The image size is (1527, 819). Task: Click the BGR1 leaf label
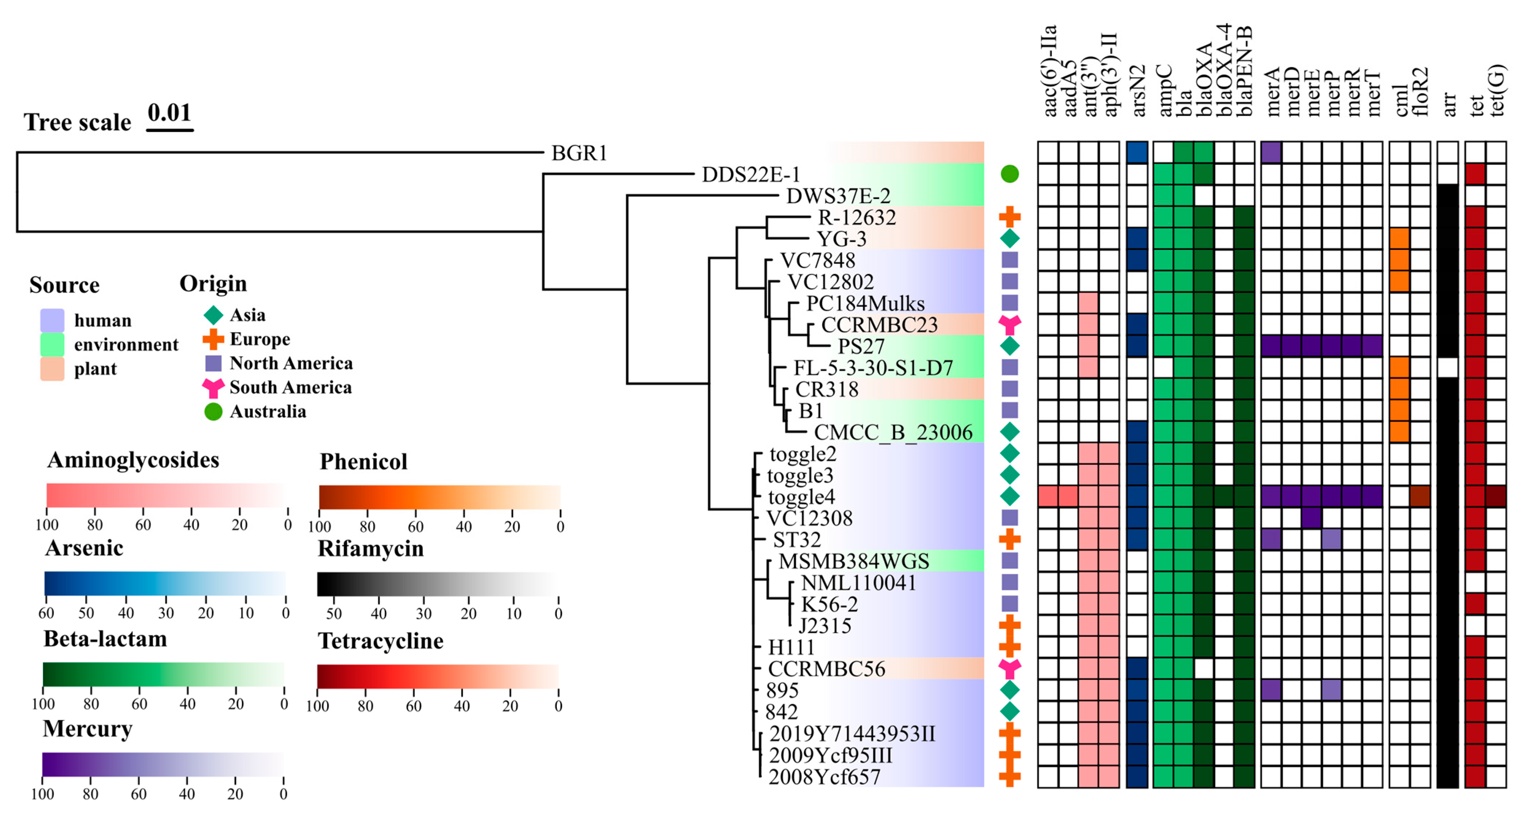click(579, 153)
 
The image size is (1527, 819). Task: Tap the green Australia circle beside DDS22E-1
click(1009, 174)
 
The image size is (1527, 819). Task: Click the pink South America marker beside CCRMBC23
click(1009, 324)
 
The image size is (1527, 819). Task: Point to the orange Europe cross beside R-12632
click(1009, 217)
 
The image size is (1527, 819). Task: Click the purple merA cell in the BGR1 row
click(1271, 152)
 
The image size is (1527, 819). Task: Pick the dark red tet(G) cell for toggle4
click(1496, 496)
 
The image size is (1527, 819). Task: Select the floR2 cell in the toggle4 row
click(1420, 496)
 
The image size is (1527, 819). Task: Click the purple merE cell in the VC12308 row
click(1312, 518)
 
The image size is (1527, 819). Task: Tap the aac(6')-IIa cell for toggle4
click(1048, 496)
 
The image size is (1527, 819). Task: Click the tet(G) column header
click(1496, 89)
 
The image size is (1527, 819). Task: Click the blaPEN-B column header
click(1244, 71)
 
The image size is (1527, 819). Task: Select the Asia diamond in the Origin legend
click(213, 315)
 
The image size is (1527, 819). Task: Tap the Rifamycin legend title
click(371, 549)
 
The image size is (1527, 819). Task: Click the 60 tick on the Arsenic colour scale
click(46, 613)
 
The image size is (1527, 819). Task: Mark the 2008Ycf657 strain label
click(824, 777)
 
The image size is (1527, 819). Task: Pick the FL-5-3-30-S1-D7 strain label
click(872, 368)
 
